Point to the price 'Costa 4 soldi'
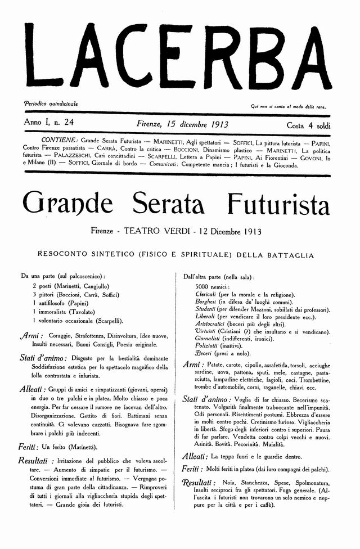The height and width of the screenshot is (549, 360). click(308, 124)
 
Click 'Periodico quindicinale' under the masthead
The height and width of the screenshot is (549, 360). click(51, 104)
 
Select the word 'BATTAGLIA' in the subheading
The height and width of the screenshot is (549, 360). click(286, 255)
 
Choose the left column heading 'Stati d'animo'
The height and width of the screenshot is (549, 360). click(43, 358)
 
